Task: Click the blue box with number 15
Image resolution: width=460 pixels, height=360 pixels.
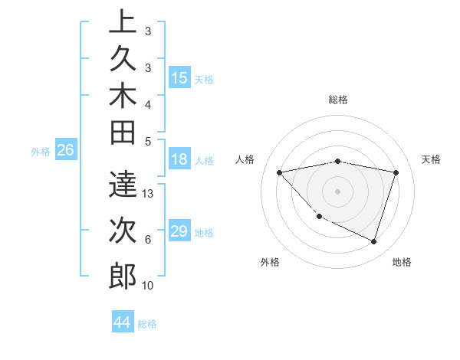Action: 179,78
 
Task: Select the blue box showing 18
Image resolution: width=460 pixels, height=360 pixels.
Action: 179,160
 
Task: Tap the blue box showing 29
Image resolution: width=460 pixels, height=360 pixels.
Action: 179,232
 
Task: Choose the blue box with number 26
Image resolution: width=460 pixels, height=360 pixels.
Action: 66,151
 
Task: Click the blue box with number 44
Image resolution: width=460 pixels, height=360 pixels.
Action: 122,323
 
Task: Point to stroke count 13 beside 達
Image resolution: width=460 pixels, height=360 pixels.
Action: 149,193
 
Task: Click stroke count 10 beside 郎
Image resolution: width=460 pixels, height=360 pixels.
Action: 149,286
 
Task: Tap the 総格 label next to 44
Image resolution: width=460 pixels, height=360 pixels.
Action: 147,324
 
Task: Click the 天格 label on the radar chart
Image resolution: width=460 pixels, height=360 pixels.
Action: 432,159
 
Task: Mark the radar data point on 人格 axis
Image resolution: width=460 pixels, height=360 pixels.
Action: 279,172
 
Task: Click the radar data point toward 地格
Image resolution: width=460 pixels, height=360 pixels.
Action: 373,242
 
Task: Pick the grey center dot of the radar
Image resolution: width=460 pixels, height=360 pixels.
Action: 337,191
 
